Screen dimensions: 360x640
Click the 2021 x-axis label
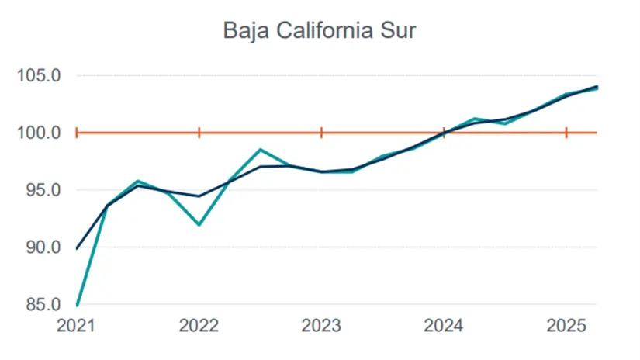[78, 326]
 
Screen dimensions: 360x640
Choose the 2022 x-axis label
[199, 326]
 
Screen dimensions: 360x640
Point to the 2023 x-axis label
[321, 326]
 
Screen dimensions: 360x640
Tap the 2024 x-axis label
[444, 326]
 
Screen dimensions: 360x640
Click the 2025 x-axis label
[566, 326]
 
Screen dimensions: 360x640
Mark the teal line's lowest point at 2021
[78, 304]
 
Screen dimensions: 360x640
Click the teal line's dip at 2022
[199, 225]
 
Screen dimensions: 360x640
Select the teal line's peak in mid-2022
[261, 150]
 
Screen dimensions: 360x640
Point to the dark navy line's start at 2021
[78, 248]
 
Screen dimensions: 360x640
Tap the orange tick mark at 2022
[199, 133]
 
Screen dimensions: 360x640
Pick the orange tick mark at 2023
[321, 133]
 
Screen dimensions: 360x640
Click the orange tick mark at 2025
[566, 133]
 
